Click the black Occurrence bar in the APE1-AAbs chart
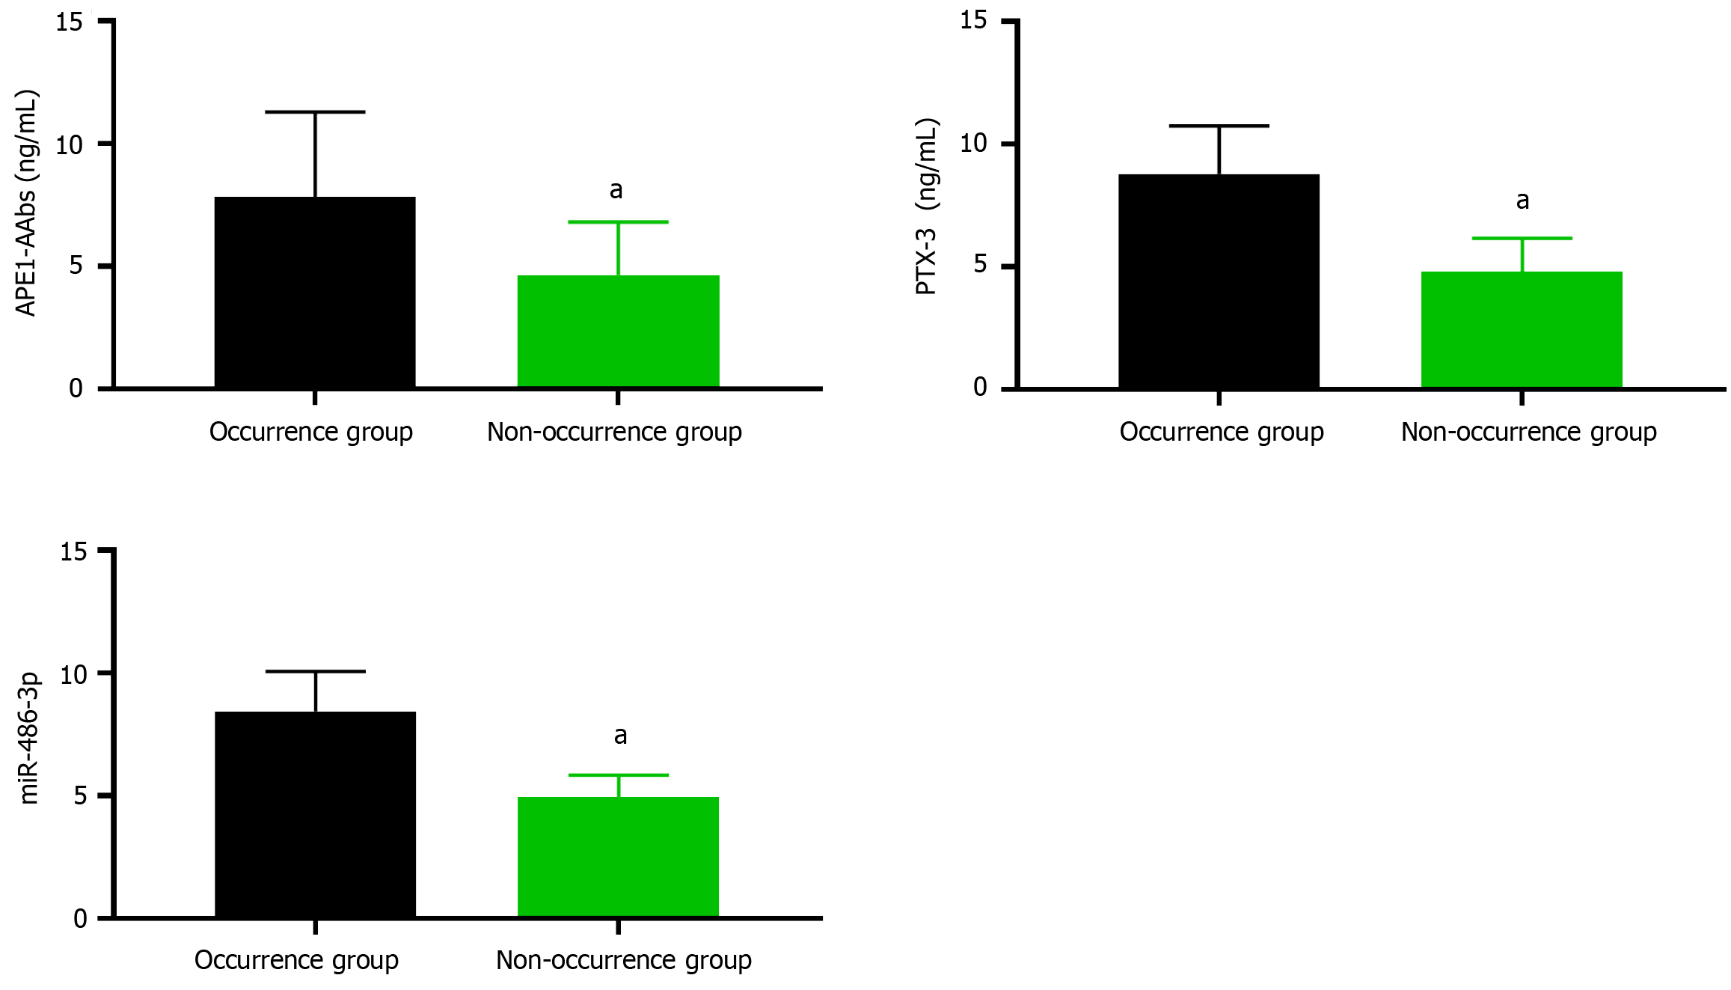pyautogui.click(x=315, y=292)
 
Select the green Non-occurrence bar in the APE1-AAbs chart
pyautogui.click(x=618, y=331)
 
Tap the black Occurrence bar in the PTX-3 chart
pyautogui.click(x=1219, y=281)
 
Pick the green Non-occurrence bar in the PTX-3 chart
pyautogui.click(x=1522, y=329)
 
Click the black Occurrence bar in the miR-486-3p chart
pyautogui.click(x=315, y=814)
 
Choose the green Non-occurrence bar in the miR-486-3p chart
pyautogui.click(x=618, y=857)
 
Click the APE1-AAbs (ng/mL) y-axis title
pyautogui.click(x=27, y=203)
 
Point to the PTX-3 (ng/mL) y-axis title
pyautogui.click(x=927, y=207)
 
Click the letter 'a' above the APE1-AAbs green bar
pyautogui.click(x=616, y=190)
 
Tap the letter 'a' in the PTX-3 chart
pyautogui.click(x=1522, y=201)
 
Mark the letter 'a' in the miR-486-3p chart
pyautogui.click(x=620, y=736)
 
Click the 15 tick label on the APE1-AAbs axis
pyautogui.click(x=70, y=22)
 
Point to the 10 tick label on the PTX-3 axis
pyautogui.click(x=973, y=143)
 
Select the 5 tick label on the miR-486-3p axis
pyautogui.click(x=80, y=795)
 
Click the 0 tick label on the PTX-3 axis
pyautogui.click(x=980, y=387)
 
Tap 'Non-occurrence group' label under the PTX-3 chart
pyautogui.click(x=1528, y=433)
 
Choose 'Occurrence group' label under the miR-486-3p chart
pyautogui.click(x=296, y=960)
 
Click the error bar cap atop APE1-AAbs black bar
pyautogui.click(x=315, y=112)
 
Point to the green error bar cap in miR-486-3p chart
pyautogui.click(x=618, y=775)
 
